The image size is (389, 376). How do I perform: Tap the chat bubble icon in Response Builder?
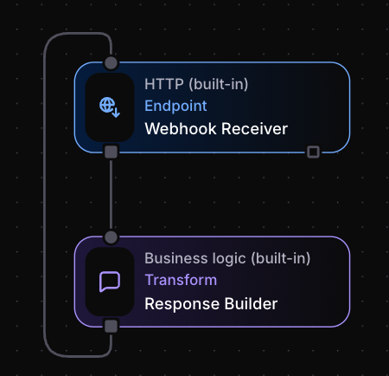pyautogui.click(x=110, y=282)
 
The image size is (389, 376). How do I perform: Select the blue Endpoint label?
pyautogui.click(x=175, y=107)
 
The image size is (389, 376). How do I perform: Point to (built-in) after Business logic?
pyautogui.click(x=277, y=258)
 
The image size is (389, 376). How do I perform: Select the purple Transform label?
pyautogui.click(x=181, y=281)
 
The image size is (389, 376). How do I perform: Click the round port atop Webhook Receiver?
pyautogui.click(x=111, y=62)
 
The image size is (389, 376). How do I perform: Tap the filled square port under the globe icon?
pyautogui.click(x=111, y=152)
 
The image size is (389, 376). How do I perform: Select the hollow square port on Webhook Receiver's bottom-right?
pyautogui.click(x=313, y=152)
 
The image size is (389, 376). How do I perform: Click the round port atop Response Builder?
pyautogui.click(x=111, y=237)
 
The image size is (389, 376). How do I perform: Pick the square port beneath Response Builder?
pyautogui.click(x=111, y=326)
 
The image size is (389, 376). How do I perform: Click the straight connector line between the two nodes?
pyautogui.click(x=111, y=194)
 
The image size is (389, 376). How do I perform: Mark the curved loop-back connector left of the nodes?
pyautogui.click(x=44, y=195)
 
